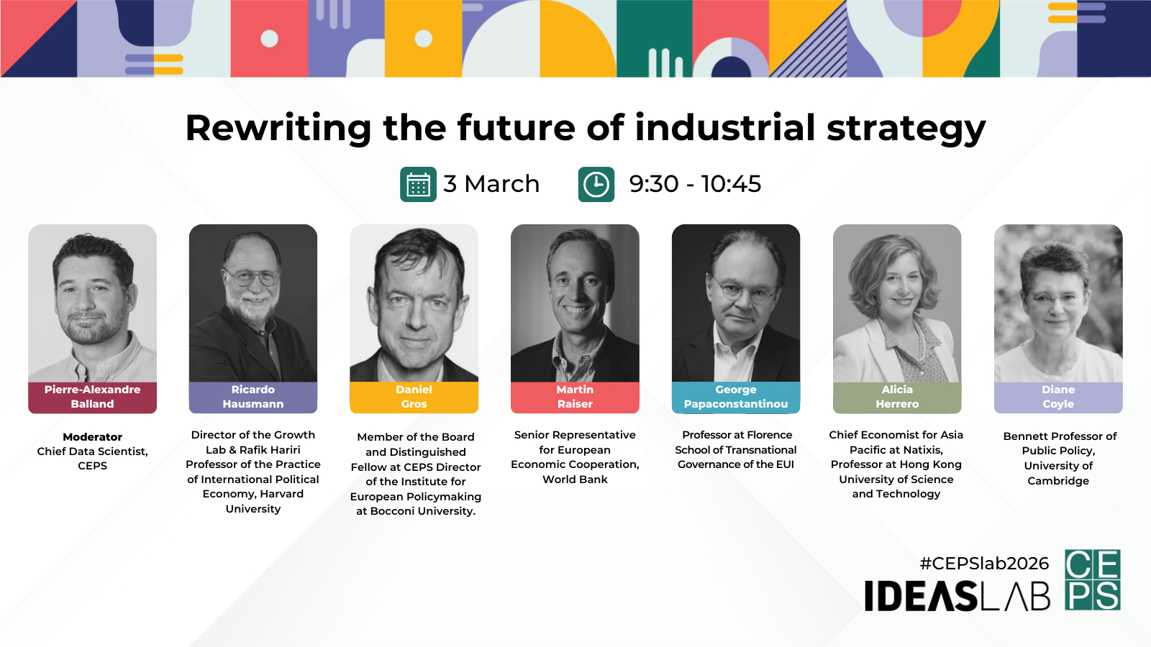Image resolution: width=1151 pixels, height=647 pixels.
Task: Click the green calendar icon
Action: click(x=418, y=184)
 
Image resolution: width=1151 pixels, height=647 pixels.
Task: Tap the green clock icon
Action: click(x=596, y=184)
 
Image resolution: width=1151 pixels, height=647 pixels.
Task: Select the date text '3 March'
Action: click(x=491, y=184)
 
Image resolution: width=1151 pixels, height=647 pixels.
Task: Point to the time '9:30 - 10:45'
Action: click(x=695, y=184)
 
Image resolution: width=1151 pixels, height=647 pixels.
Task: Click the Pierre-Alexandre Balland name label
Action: click(x=93, y=397)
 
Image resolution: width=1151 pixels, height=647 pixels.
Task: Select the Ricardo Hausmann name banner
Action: click(x=253, y=397)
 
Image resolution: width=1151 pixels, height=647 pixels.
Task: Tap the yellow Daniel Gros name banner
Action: click(x=414, y=397)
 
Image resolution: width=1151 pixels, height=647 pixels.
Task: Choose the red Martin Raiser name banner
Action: click(x=575, y=397)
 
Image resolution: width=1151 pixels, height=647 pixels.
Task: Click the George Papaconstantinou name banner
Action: click(x=736, y=397)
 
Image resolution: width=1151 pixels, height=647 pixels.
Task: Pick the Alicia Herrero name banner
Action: click(x=897, y=397)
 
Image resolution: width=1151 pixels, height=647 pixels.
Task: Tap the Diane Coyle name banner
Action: click(x=1058, y=397)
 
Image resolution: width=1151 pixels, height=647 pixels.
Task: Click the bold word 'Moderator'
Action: click(x=93, y=437)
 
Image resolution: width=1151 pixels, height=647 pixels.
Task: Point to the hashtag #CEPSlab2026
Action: click(x=984, y=564)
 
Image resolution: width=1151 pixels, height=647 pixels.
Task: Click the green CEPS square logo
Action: click(x=1093, y=579)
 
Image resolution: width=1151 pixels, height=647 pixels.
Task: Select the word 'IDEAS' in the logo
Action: click(x=921, y=596)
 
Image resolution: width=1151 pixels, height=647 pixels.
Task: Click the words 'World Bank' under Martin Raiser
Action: click(x=575, y=479)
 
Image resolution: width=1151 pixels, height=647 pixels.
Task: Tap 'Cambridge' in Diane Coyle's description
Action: click(x=1058, y=481)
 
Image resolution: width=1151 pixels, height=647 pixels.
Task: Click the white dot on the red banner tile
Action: click(x=269, y=39)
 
